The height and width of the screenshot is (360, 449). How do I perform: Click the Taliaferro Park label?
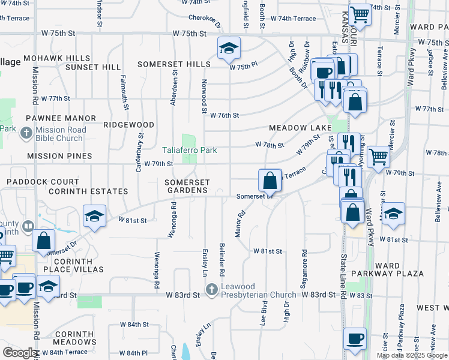pos(189,150)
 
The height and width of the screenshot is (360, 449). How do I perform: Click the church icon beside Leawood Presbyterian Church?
pos(211,290)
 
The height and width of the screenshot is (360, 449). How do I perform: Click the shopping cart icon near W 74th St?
pos(360,13)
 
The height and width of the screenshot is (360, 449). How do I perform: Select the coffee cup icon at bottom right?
pos(355,338)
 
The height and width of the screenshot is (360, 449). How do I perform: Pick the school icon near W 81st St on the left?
pos(94,217)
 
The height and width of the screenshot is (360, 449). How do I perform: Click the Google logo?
pos(20,353)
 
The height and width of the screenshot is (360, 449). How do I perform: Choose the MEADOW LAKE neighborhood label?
pos(300,128)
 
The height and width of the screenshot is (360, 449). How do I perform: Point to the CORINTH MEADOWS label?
pos(75,338)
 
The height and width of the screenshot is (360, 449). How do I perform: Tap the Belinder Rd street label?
pos(222,259)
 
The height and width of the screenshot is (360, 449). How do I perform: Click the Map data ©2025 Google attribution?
pos(412,355)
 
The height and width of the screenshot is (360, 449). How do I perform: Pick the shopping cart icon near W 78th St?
pos(379,157)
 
